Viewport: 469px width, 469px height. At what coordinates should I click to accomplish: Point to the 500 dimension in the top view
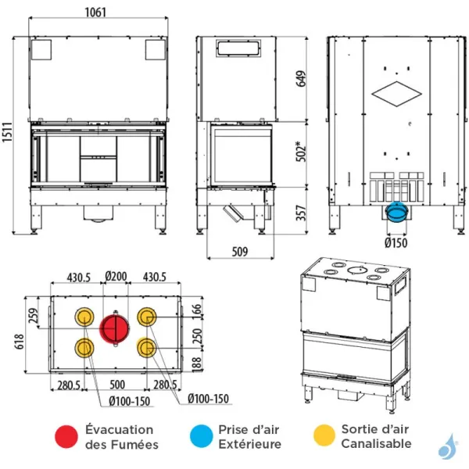point(116,385)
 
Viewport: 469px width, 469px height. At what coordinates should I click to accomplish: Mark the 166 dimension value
point(199,312)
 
